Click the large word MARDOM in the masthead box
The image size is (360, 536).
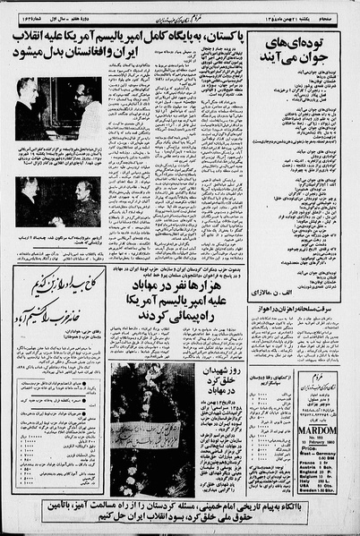click(x=318, y=430)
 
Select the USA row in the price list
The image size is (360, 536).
click(x=307, y=484)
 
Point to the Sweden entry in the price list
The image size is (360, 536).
click(x=309, y=489)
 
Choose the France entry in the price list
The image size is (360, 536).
click(x=307, y=463)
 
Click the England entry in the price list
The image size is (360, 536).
click(x=308, y=471)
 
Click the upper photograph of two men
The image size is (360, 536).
click(x=51, y=106)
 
